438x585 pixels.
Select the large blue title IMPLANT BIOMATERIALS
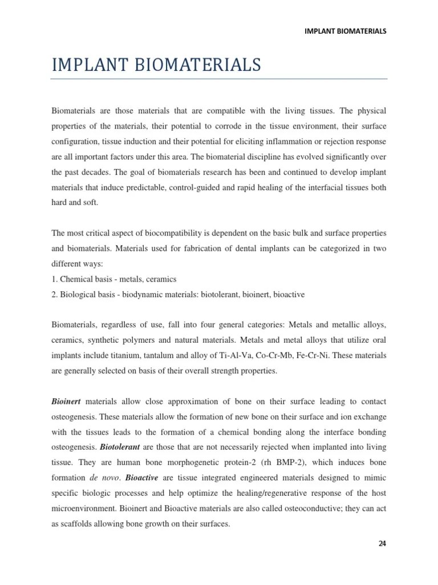[156, 66]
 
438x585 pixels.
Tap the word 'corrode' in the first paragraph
[225, 124]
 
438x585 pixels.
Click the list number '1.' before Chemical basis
[55, 279]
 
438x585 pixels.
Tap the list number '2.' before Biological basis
[55, 294]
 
